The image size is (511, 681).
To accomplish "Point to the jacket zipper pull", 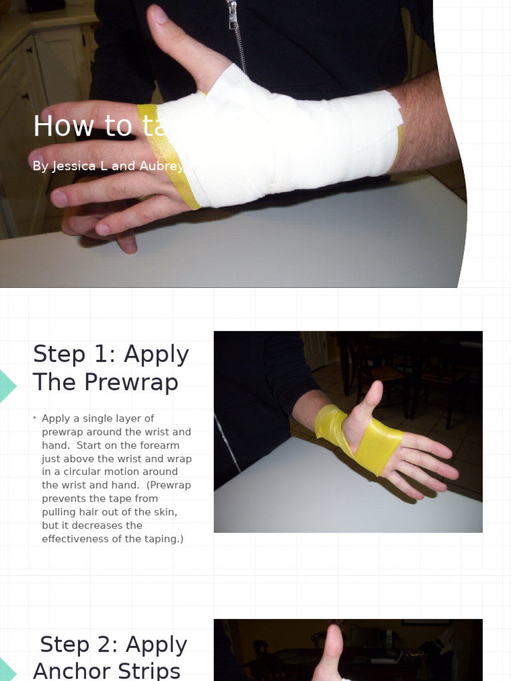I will click(232, 15).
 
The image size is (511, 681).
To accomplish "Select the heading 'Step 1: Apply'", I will click(111, 354).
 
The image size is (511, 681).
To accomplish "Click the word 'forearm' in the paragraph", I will click(158, 446).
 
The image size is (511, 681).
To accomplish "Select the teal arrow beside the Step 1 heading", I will click(7, 386).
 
